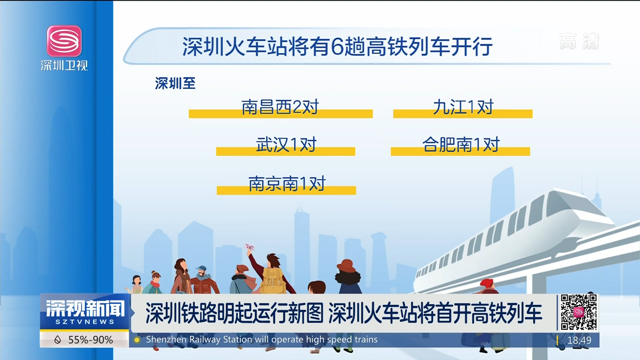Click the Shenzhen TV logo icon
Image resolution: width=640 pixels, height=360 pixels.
(x=64, y=41)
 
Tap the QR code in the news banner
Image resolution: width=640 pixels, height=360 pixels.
(x=579, y=312)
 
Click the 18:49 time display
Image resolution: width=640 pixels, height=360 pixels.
(x=579, y=340)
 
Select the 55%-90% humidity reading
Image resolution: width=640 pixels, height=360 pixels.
(x=90, y=340)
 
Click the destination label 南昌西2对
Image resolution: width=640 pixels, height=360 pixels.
(x=280, y=107)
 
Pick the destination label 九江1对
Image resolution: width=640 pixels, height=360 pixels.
(x=463, y=107)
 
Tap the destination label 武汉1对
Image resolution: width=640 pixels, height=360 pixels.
(x=286, y=145)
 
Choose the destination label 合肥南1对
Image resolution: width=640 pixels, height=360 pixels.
(x=461, y=144)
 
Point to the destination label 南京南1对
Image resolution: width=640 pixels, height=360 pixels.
(x=287, y=184)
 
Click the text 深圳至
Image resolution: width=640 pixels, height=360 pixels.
(x=175, y=83)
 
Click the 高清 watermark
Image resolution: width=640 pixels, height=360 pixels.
(x=579, y=41)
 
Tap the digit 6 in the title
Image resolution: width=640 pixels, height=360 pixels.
(x=337, y=47)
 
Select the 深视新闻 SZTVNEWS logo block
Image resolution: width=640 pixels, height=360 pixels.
(x=85, y=312)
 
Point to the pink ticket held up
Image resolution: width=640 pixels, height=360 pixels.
(x=249, y=247)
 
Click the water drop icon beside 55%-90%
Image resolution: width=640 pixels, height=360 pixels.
(x=58, y=340)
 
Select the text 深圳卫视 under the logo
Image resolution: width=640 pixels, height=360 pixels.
(x=64, y=65)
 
